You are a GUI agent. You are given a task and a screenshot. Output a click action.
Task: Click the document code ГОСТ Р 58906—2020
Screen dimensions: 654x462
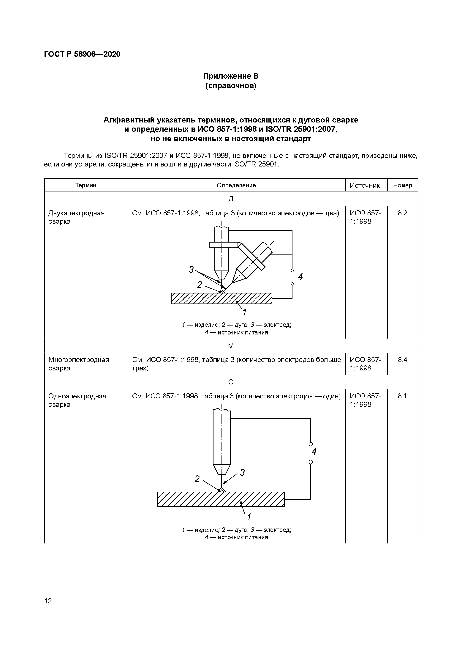pyautogui.click(x=82, y=54)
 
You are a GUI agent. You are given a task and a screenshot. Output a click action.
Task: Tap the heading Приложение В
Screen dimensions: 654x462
pyautogui.click(x=231, y=76)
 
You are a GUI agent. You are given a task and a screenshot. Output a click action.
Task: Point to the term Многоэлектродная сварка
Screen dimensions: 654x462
pyautogui.click(x=79, y=364)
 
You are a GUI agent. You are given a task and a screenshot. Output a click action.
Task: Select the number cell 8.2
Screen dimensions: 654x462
pyautogui.click(x=403, y=213)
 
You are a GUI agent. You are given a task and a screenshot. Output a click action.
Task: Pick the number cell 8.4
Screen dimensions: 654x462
pyautogui.click(x=403, y=360)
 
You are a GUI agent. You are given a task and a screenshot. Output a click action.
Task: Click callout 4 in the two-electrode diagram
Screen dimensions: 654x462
pyautogui.click(x=300, y=277)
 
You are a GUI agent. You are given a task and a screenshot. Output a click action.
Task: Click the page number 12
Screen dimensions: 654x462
pyautogui.click(x=48, y=601)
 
